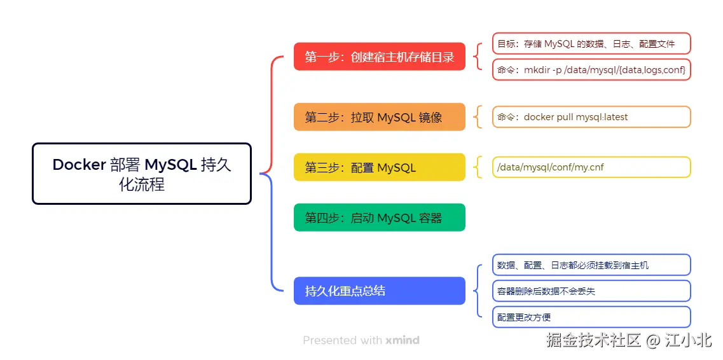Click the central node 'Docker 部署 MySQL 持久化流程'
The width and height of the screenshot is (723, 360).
click(x=141, y=174)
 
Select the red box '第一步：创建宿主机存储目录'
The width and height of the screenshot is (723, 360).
click(x=379, y=57)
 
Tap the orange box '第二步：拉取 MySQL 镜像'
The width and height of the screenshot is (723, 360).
click(x=379, y=117)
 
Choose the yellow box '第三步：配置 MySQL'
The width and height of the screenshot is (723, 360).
click(x=379, y=167)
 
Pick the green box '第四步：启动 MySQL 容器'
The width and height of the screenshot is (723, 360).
click(x=379, y=218)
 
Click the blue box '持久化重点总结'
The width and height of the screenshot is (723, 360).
click(x=379, y=291)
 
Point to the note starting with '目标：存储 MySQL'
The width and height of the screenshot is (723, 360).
click(x=591, y=44)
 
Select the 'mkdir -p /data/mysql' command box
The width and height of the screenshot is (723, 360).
click(x=591, y=69)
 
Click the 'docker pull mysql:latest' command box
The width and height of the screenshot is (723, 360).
click(x=591, y=117)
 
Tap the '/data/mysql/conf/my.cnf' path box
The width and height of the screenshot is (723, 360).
click(x=591, y=167)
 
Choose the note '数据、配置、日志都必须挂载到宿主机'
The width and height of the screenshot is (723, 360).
click(x=591, y=265)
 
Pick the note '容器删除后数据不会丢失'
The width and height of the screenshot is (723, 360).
click(x=591, y=291)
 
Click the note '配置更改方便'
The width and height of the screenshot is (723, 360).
click(x=591, y=317)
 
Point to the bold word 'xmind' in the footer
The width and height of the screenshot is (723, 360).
click(x=402, y=340)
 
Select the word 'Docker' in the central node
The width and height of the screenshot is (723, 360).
click(x=79, y=165)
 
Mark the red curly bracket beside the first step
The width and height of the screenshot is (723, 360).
click(x=477, y=57)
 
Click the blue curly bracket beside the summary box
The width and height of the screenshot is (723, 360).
click(x=477, y=291)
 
